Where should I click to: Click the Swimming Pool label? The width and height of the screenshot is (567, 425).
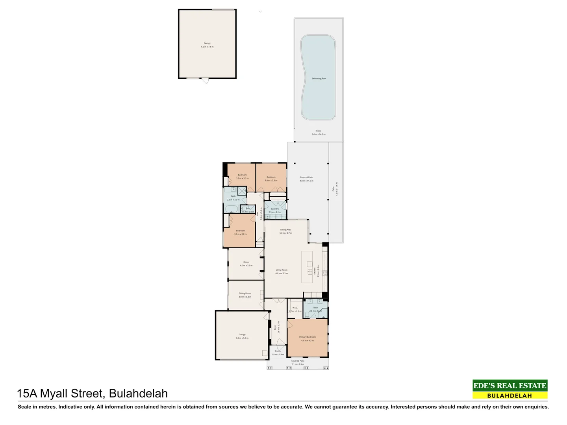click(319, 78)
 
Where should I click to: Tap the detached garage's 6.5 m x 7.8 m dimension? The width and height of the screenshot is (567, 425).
click(207, 47)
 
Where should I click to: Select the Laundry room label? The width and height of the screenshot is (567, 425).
click(275, 209)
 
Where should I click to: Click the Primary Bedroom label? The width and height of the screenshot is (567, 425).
click(308, 337)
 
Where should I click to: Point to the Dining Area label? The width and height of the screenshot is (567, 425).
click(286, 229)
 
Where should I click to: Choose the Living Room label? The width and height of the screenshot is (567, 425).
click(282, 270)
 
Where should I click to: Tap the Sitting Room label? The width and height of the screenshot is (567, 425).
click(245, 293)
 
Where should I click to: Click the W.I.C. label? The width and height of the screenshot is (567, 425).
click(295, 308)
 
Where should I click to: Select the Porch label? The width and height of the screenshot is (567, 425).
click(278, 351)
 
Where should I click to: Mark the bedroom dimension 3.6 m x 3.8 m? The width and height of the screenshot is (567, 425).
click(240, 234)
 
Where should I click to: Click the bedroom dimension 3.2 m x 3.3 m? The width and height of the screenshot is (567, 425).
click(242, 178)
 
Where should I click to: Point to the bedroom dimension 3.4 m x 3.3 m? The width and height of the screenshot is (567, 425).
click(271, 180)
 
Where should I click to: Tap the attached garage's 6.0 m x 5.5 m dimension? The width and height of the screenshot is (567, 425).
click(242, 338)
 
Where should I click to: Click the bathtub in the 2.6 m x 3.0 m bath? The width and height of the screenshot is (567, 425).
click(232, 209)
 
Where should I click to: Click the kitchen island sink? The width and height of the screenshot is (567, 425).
click(309, 272)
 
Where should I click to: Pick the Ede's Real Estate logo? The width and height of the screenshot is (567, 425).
click(510, 389)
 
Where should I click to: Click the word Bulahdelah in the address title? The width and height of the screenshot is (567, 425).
click(138, 394)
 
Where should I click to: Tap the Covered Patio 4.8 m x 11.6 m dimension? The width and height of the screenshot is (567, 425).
click(306, 181)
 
